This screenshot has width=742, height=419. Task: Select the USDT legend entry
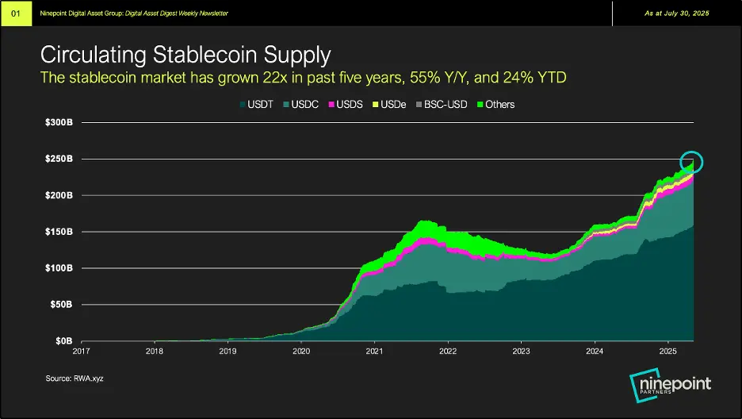point(254,104)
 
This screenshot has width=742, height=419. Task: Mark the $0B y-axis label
point(65,341)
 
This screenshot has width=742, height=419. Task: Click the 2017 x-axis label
point(82,351)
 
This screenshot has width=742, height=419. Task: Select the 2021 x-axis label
point(374,351)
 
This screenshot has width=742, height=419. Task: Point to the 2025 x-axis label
point(667,351)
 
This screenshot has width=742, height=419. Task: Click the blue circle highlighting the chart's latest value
point(692,163)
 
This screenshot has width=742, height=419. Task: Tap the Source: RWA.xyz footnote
point(75,379)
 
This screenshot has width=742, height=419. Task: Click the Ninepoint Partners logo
point(670,386)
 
